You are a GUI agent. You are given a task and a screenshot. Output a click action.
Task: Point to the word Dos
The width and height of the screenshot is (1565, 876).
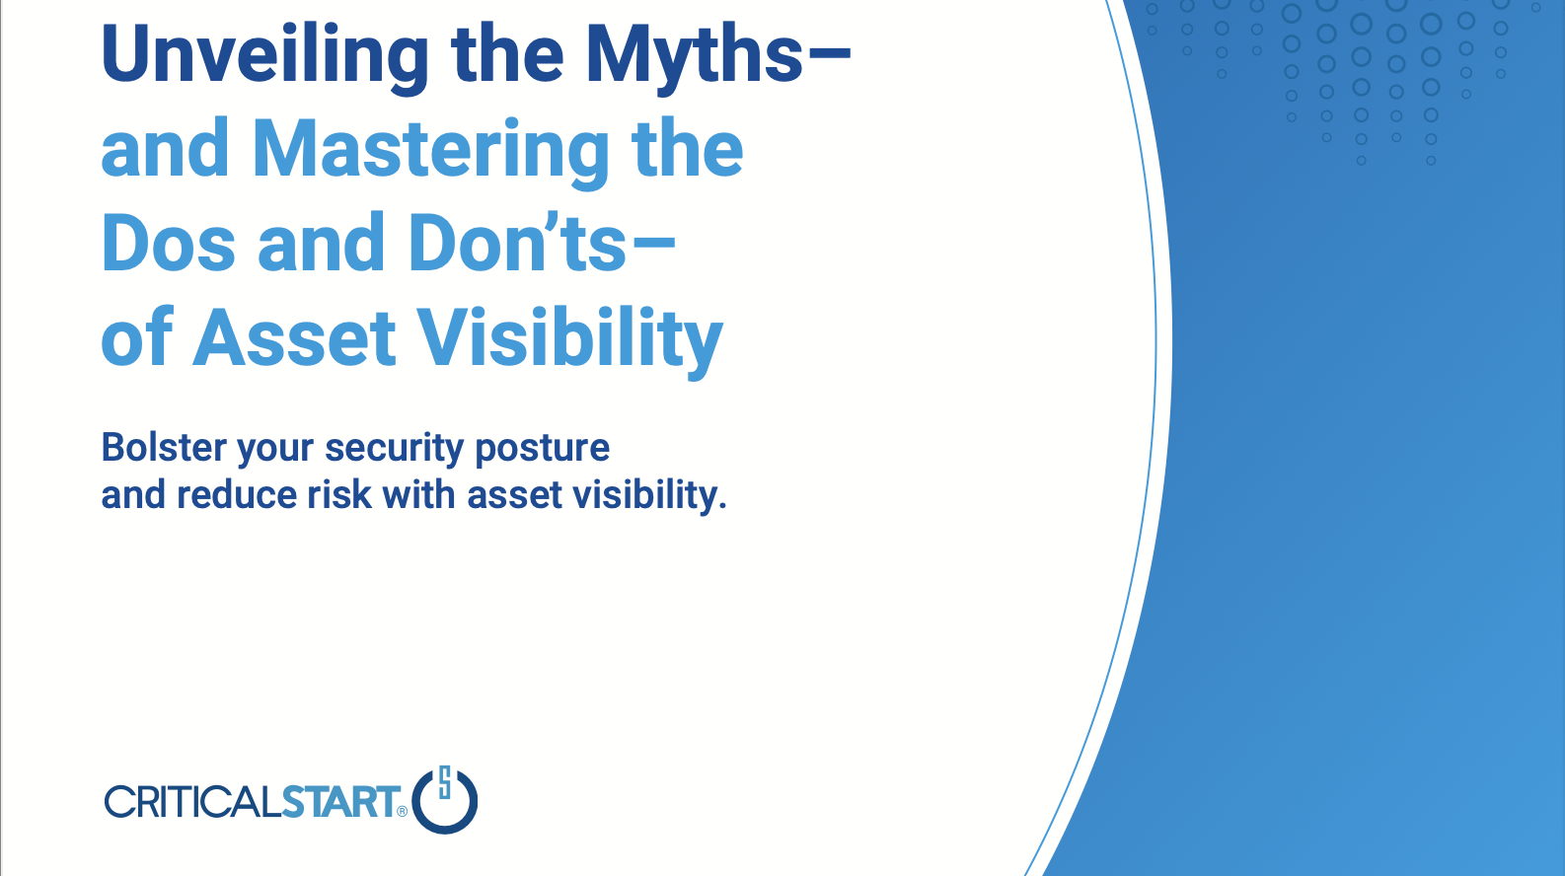(168, 243)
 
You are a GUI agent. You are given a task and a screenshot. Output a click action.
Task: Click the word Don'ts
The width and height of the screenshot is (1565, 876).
(517, 243)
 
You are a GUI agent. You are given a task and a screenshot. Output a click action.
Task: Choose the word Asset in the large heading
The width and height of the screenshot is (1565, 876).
(294, 338)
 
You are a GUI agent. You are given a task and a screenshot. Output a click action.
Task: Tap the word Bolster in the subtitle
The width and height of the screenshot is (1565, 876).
(164, 447)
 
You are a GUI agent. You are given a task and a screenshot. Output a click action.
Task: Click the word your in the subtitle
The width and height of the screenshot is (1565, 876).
(276, 451)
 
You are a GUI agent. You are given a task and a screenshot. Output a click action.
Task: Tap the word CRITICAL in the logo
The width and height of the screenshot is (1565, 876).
(193, 801)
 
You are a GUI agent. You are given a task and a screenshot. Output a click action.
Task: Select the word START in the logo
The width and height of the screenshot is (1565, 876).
(340, 801)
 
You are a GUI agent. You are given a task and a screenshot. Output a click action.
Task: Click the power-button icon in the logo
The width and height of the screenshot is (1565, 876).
(445, 800)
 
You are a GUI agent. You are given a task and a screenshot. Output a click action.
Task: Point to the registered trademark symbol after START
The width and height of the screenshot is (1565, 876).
(402, 812)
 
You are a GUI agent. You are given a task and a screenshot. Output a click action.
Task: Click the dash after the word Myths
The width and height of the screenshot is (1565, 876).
(829, 51)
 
